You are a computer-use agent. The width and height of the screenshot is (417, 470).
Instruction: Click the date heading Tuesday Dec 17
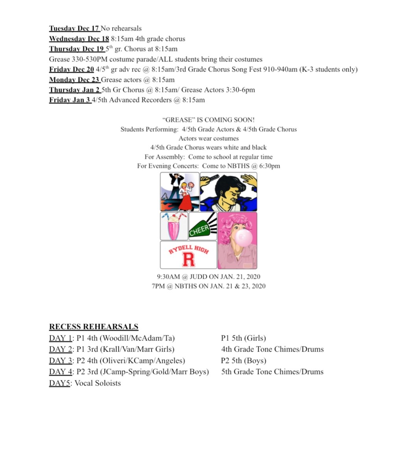(74, 28)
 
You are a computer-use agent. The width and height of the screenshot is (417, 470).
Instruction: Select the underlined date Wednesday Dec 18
(79, 39)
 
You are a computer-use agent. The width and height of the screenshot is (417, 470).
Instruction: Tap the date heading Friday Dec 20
(71, 69)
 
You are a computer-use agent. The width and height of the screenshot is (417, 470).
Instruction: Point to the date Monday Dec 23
(74, 80)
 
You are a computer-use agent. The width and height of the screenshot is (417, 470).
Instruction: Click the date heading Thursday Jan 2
(75, 90)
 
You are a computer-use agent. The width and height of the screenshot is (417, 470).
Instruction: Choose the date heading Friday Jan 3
(70, 100)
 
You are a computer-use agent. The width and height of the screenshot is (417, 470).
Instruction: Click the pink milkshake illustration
(173, 227)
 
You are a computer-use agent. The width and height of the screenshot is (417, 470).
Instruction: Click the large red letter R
(188, 260)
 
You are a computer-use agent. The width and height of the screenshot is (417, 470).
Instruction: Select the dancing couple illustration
(179, 192)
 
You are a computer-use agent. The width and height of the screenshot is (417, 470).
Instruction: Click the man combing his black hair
(229, 192)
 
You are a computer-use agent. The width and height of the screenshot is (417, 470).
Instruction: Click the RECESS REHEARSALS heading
(94, 327)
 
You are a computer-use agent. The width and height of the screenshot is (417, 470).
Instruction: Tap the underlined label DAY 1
(61, 338)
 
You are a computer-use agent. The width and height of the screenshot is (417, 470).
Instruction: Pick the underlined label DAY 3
(61, 361)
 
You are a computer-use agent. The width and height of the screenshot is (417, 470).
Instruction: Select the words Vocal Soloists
(98, 383)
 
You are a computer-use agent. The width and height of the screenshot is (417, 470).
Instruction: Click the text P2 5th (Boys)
(244, 361)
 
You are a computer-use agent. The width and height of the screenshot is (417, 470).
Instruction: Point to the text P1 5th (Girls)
(244, 338)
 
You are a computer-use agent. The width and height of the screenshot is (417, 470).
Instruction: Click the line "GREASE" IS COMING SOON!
(208, 120)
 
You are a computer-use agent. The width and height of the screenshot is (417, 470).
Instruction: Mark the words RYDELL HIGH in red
(188, 249)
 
